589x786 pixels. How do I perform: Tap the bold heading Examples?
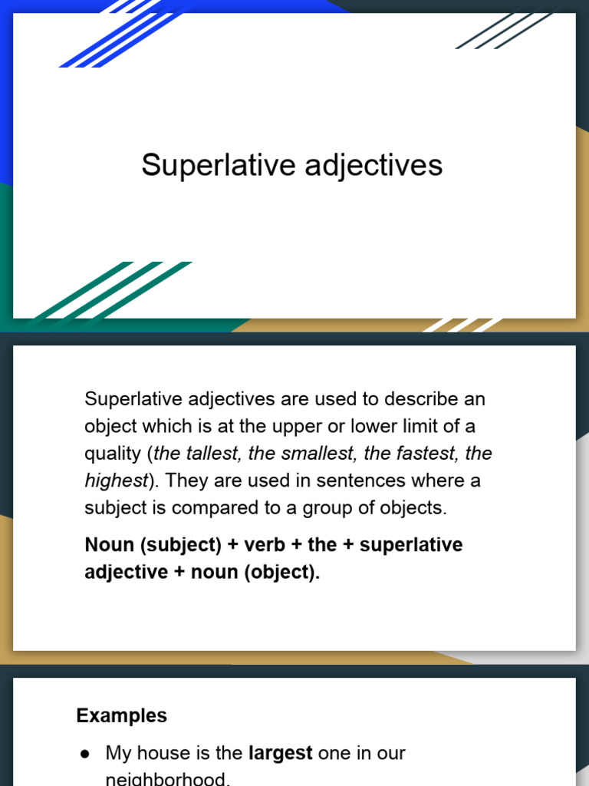121,715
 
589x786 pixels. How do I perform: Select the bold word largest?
280,753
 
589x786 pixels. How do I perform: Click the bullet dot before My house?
85,754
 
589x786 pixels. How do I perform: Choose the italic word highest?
115,481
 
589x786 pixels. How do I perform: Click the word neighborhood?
167,779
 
